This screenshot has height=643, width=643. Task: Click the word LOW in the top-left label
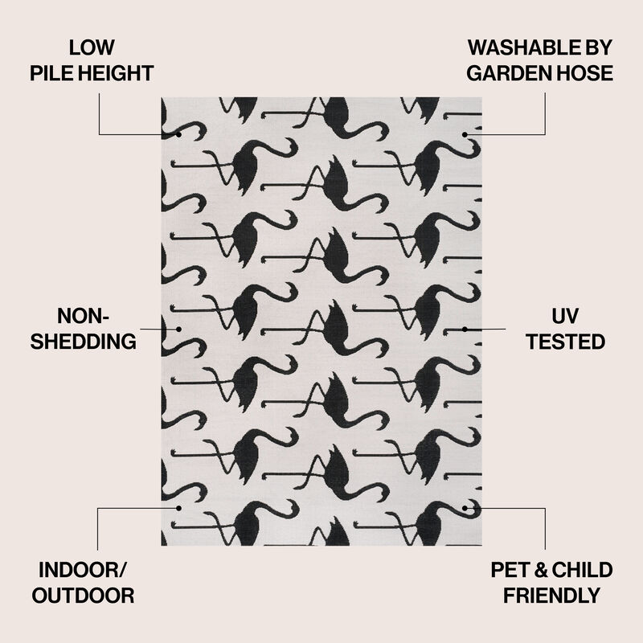pos(92,47)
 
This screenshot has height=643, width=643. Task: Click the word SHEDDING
pos(84,342)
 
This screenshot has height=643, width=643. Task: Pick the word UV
pos(565,316)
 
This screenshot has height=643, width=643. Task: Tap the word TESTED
pos(566,342)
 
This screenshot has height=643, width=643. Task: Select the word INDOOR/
pos(83,570)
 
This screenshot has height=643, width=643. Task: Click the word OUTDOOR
pos(84,596)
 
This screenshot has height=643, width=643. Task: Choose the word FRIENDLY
pos(551,596)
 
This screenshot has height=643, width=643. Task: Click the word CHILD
pos(582,570)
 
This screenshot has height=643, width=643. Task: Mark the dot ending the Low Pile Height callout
pos(178,134)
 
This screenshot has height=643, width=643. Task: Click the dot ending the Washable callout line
pos(465,134)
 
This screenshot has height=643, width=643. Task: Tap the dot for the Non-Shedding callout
pos(178,329)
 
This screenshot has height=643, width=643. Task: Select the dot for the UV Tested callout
pos(465,329)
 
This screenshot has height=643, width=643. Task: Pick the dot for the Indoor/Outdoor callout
pos(178,508)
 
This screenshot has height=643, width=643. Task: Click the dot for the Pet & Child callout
pos(465,508)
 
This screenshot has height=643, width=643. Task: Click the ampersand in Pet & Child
pos(541,570)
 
